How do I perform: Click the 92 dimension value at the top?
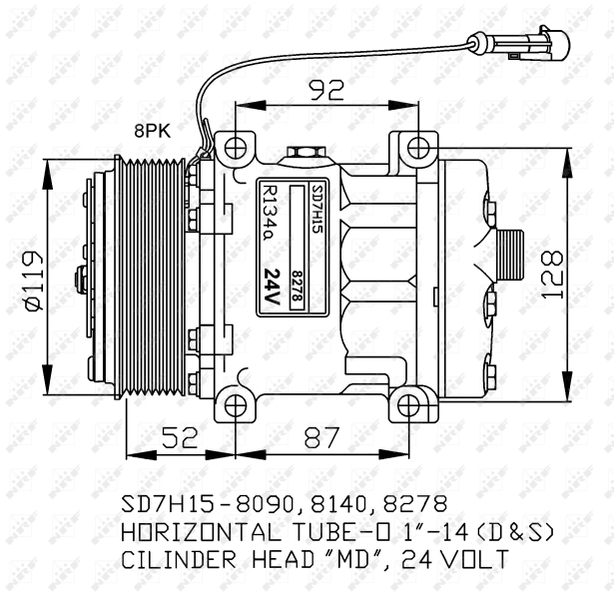click(x=327, y=90)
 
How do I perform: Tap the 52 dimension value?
click(x=180, y=437)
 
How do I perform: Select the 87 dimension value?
click(x=321, y=437)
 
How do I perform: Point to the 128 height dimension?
click(x=552, y=275)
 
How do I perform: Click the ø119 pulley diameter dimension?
click(x=33, y=282)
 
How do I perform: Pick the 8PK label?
click(x=153, y=131)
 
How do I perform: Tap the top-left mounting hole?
click(x=236, y=149)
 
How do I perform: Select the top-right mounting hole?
click(x=418, y=149)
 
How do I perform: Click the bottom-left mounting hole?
click(x=236, y=406)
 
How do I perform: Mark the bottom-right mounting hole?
click(x=408, y=406)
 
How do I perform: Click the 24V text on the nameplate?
click(x=273, y=287)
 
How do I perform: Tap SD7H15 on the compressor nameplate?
click(x=316, y=209)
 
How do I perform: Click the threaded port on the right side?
click(x=510, y=256)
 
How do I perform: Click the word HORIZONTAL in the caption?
click(x=201, y=532)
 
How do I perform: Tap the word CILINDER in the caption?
click(x=179, y=559)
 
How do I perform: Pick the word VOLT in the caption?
click(x=476, y=559)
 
